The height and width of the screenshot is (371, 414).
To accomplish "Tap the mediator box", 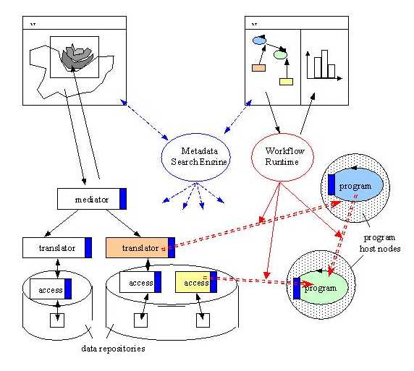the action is [92, 199].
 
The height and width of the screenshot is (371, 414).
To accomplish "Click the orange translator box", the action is [140, 247].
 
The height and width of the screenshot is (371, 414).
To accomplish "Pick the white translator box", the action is [57, 247].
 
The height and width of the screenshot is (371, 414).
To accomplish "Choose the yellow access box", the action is [196, 282].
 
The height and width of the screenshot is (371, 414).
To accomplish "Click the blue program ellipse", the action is [355, 184].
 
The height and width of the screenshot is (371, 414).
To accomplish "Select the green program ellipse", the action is [321, 288].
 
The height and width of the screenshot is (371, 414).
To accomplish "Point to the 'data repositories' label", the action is [113, 349].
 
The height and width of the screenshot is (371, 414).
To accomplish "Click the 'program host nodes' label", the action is [380, 243].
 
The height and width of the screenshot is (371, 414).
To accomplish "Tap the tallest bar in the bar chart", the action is [324, 64].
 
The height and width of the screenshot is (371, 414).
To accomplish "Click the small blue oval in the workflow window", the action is [259, 40].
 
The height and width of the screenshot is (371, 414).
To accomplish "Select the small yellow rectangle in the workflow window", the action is [286, 82].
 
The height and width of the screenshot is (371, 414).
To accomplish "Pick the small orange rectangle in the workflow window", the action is [259, 68].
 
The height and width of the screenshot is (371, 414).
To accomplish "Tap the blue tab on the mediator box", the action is [123, 199].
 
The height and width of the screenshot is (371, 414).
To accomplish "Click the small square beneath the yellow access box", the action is [203, 320].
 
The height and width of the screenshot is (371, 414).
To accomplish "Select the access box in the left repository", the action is [51, 289].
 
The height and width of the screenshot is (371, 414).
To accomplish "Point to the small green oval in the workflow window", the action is [280, 55].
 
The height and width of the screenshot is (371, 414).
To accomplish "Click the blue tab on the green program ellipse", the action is [297, 289].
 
